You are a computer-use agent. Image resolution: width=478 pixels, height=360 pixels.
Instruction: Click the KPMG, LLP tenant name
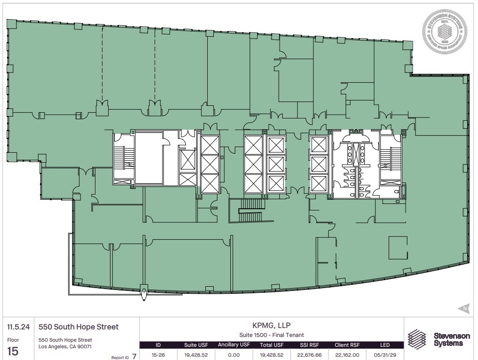(271, 325)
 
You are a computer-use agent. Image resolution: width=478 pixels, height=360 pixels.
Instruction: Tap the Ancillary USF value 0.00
(234, 355)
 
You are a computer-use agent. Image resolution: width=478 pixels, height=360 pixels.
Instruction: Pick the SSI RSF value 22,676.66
(309, 355)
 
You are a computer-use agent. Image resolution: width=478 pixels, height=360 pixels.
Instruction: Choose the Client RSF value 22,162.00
(347, 355)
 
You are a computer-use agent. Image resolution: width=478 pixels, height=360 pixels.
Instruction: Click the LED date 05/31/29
(384, 355)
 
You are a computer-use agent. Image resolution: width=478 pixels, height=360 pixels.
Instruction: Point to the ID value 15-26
(158, 355)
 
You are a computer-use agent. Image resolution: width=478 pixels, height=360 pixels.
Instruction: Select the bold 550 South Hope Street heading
(78, 327)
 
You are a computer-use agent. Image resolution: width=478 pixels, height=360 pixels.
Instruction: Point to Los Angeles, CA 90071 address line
(65, 346)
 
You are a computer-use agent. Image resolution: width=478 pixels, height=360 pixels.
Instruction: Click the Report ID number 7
(134, 356)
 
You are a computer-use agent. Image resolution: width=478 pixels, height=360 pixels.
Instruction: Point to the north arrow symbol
(463, 308)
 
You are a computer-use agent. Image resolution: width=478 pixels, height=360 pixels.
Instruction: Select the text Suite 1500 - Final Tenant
(271, 335)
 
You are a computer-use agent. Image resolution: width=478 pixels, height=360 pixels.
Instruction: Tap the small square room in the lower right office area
(398, 248)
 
